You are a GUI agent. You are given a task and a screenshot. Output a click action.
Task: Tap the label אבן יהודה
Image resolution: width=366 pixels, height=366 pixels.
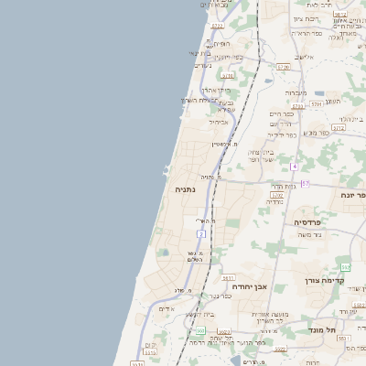(249, 286)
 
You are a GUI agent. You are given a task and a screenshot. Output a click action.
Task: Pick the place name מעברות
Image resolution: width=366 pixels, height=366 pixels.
(296, 92)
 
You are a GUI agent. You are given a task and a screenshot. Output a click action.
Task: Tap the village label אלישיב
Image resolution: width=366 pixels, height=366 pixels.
(305, 57)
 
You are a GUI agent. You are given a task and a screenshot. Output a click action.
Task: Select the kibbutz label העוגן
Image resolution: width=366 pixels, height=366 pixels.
(332, 101)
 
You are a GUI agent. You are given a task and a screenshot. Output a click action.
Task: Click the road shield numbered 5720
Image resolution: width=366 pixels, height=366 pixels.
(283, 67)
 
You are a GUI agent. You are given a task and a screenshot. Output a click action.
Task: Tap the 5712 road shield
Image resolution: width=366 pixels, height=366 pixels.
(338, 128)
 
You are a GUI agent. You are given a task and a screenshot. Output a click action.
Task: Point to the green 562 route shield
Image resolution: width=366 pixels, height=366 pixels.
(345, 266)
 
